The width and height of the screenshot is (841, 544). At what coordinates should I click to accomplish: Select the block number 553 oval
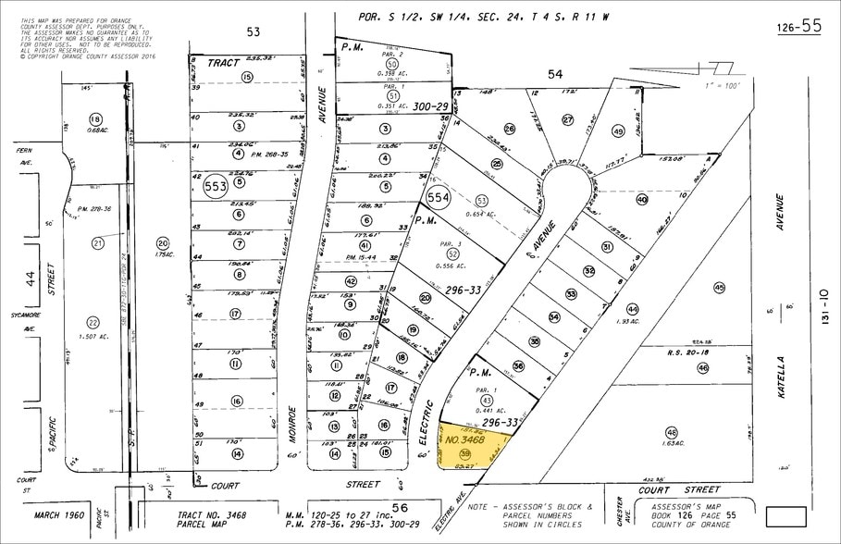(216, 183)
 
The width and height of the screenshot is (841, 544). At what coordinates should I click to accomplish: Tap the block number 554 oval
(438, 198)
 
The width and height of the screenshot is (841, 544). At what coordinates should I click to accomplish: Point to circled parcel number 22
(92, 322)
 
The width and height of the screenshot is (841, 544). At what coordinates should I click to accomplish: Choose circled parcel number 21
(98, 242)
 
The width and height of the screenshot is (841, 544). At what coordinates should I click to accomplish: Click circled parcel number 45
(720, 289)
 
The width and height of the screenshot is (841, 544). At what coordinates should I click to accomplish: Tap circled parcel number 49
(619, 131)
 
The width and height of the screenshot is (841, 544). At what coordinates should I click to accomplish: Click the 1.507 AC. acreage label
(93, 338)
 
